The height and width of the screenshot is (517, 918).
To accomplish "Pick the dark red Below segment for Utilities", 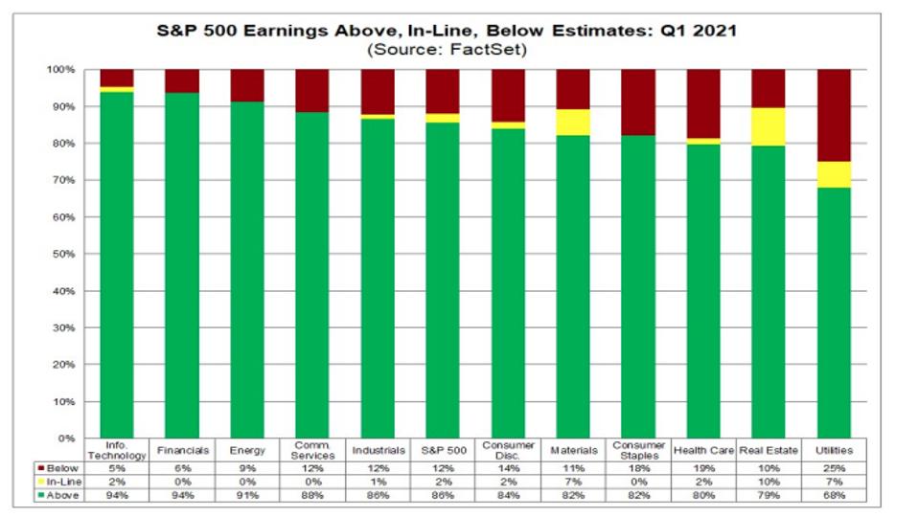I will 833,115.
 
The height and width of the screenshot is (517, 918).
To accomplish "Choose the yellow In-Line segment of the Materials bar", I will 573,123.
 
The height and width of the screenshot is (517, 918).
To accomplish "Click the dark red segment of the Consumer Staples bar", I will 637,102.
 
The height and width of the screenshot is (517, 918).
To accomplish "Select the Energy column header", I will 247,450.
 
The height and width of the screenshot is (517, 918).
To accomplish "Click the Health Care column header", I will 702,450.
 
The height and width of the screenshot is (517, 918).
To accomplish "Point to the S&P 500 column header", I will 443,450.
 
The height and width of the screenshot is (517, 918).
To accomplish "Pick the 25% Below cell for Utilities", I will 833,467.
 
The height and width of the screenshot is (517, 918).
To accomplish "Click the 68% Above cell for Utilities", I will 833,496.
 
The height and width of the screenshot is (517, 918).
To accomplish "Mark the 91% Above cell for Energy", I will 247,496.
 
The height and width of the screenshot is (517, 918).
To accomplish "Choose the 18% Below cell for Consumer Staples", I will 637,467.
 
